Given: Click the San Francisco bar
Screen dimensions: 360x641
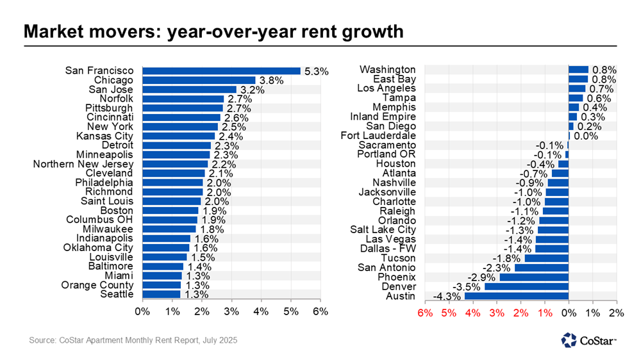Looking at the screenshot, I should click(x=221, y=70).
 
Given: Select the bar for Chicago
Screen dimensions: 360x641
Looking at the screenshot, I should click(x=199, y=80).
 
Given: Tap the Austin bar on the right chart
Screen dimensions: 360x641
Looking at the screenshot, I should click(x=517, y=296).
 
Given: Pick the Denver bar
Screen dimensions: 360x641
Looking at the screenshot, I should click(x=526, y=286).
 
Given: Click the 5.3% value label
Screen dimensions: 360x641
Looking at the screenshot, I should click(x=316, y=71).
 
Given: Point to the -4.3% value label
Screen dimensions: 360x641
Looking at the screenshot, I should click(x=447, y=297).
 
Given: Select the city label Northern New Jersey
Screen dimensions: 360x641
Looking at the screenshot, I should click(x=83, y=164).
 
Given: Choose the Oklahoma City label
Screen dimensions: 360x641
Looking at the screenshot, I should click(x=98, y=247).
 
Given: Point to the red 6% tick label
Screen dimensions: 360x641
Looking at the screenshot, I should click(x=424, y=313).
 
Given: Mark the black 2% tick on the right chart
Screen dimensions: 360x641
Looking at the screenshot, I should click(x=616, y=313).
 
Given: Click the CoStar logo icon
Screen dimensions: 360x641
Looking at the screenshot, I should click(x=568, y=340).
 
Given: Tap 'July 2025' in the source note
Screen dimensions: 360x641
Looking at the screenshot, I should click(x=219, y=340).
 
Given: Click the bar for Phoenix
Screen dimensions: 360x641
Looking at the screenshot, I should click(x=533, y=277).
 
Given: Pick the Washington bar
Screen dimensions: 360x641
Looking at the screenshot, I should click(x=578, y=69).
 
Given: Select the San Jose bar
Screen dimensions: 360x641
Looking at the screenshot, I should click(x=189, y=90).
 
